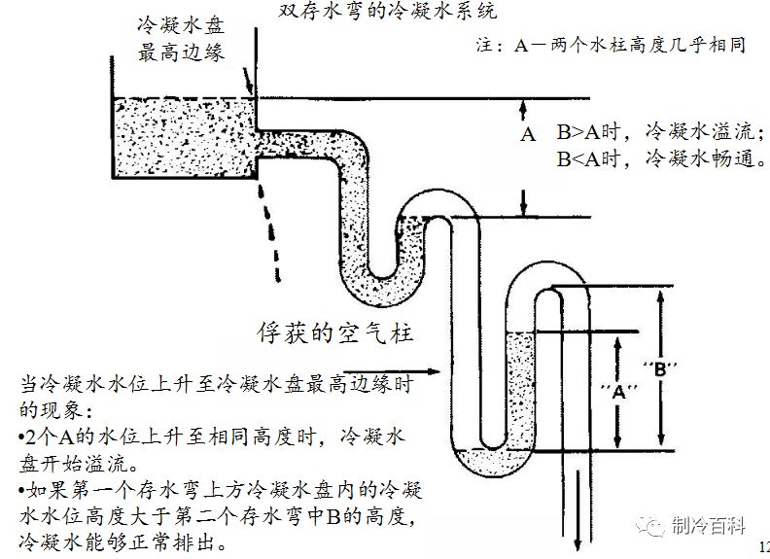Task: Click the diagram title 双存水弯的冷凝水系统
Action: point(388,11)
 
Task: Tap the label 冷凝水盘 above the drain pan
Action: point(181,25)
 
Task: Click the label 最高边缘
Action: point(181,52)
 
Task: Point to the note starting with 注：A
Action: point(611,45)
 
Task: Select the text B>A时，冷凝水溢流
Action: point(661,131)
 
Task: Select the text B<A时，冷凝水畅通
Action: point(661,158)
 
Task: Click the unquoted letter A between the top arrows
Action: point(527,133)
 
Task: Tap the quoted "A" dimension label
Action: point(618,392)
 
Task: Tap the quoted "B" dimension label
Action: point(660,368)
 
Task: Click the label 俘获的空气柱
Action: point(334,333)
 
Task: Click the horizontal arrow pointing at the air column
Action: point(392,371)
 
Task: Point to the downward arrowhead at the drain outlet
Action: point(578,543)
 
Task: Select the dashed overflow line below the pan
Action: point(269,232)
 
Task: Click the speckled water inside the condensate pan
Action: point(185,137)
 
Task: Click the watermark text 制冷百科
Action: point(708,526)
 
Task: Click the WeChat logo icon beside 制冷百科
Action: point(651,526)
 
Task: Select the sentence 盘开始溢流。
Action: point(79,463)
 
